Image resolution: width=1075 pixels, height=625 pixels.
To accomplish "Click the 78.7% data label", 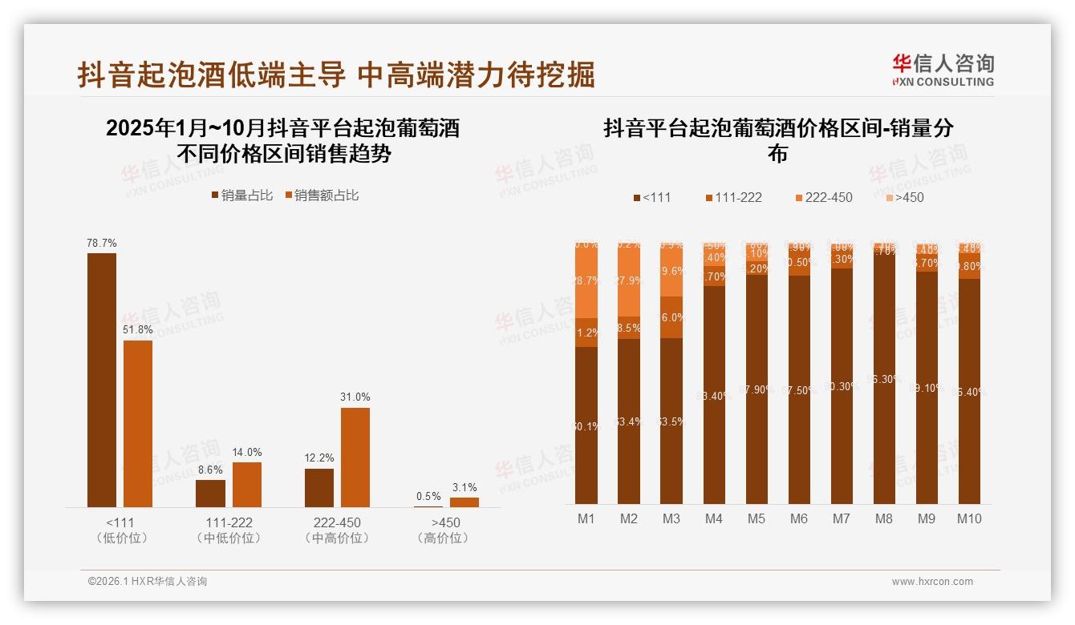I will point(102,243).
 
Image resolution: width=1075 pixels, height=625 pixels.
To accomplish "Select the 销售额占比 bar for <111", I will point(138,423).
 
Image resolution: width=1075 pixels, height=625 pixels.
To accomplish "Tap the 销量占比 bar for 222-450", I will point(319,487).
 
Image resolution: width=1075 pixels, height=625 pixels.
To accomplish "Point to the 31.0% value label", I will point(355,397).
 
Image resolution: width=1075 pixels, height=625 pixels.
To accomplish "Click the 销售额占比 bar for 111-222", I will point(247,484).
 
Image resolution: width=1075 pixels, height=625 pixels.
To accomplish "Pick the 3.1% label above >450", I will point(464,487).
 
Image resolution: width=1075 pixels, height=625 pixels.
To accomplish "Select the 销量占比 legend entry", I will point(242,196).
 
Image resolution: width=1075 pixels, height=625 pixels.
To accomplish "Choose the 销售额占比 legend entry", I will point(321,196).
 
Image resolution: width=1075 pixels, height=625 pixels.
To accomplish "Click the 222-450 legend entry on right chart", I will point(823,197).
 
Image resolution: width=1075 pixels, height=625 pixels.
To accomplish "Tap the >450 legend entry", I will point(904,197).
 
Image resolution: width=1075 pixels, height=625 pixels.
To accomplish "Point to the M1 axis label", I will point(586,518).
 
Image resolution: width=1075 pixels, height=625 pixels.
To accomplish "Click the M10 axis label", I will point(969,518).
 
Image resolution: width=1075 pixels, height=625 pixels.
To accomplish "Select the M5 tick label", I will point(757,518).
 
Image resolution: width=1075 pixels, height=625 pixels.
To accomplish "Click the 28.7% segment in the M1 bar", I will point(586,281).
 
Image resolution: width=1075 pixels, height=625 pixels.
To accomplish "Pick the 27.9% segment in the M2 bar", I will point(629,280).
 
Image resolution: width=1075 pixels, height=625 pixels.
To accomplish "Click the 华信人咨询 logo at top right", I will point(943,71).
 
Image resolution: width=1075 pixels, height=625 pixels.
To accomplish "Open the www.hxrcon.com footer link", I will point(932,582).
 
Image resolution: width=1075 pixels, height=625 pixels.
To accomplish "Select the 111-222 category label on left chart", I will point(229,522).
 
